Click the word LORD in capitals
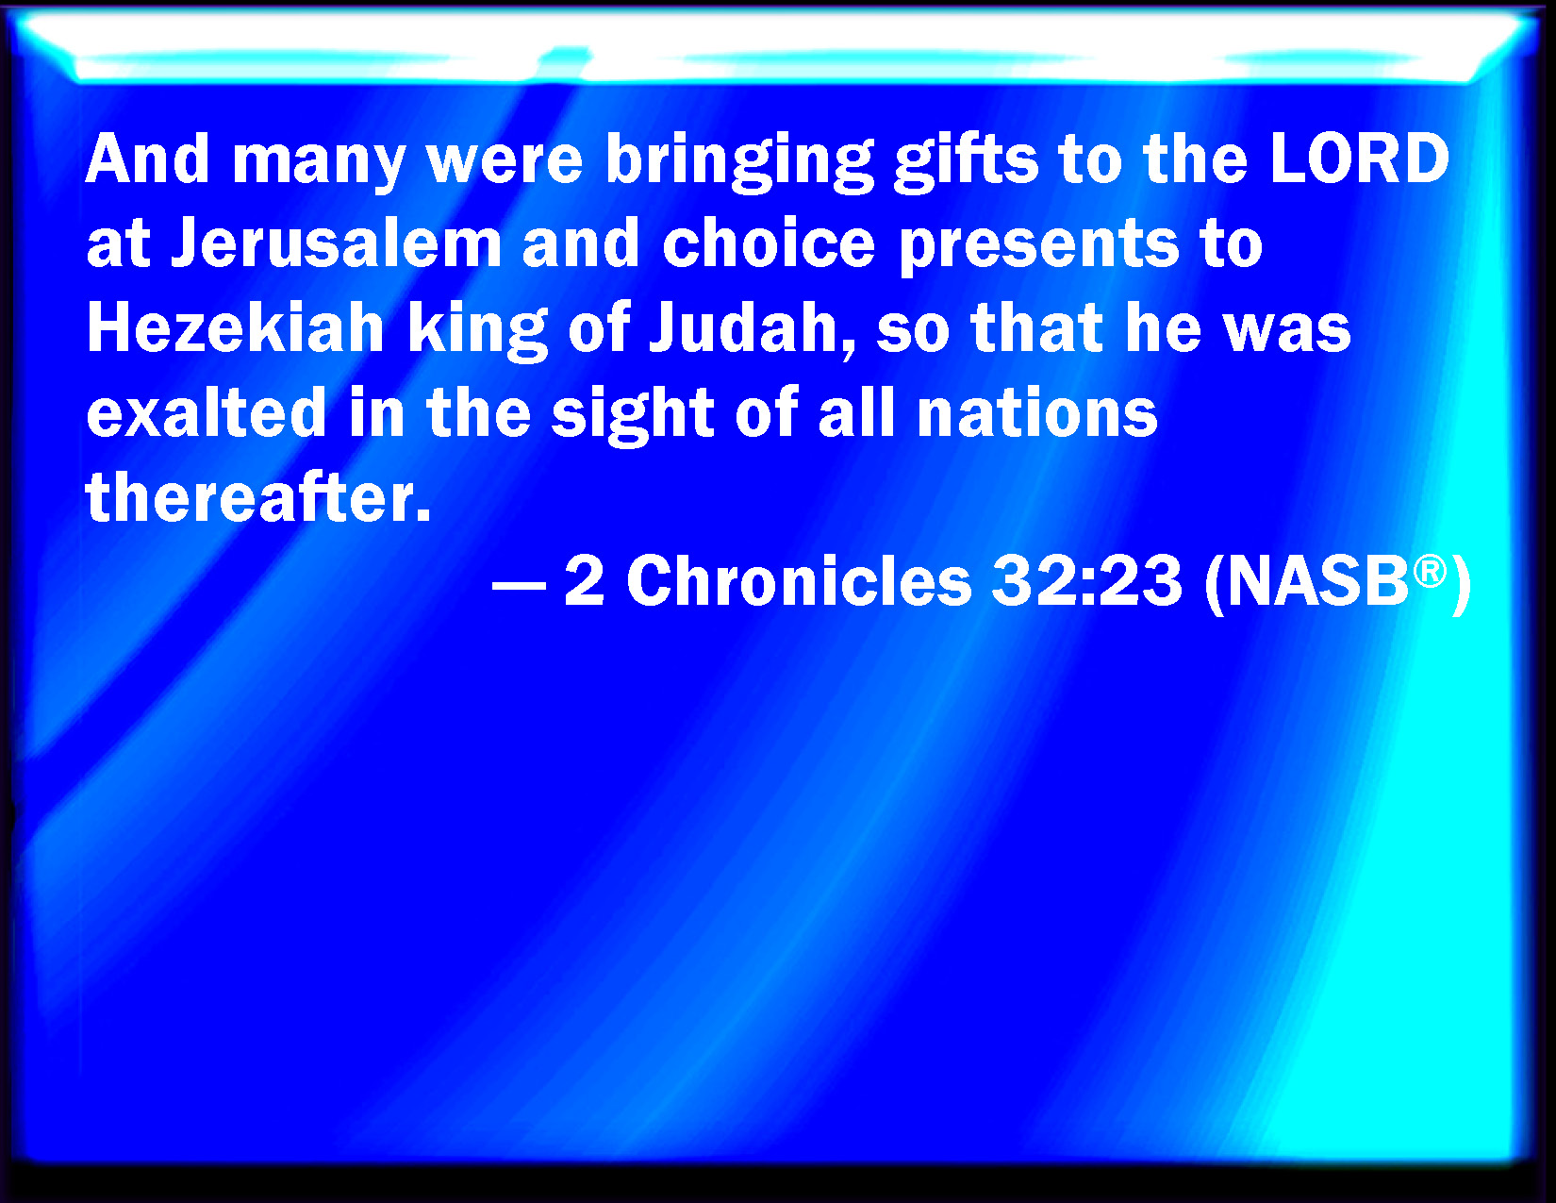point(1360,159)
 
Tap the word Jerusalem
point(336,242)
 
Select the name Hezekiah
point(236,327)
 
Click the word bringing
point(739,162)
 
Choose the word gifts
point(966,162)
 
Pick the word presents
point(1039,248)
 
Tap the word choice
point(769,242)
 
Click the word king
point(477,332)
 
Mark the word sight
point(632,416)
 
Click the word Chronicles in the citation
point(799,581)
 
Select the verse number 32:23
point(1087,581)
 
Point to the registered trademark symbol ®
point(1431,572)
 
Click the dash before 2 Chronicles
point(520,586)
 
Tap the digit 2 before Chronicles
point(585,581)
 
